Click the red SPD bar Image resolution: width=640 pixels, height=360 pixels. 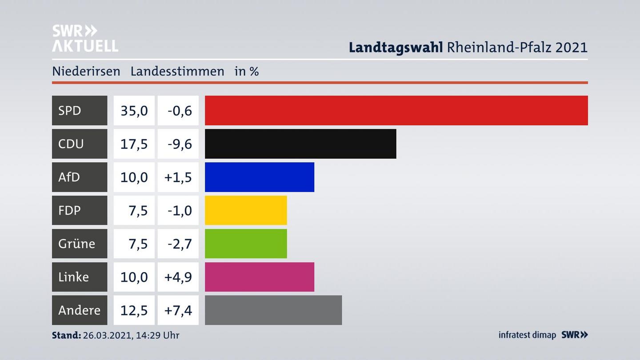[x=396, y=110]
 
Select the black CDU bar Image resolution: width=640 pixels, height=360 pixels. [x=300, y=144]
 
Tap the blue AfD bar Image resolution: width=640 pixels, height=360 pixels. [x=260, y=177]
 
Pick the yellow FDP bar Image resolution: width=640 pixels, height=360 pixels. [x=246, y=210]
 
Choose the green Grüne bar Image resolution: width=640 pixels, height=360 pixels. [x=246, y=244]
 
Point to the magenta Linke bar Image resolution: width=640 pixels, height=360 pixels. [x=260, y=277]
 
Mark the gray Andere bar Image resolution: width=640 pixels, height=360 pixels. [x=273, y=310]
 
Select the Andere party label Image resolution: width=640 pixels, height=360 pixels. [x=80, y=310]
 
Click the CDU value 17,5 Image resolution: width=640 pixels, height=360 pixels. [x=134, y=144]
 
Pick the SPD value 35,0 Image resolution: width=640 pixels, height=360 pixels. [x=134, y=110]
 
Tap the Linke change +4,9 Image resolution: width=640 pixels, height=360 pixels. [x=178, y=277]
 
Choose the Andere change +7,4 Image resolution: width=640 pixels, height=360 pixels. [x=178, y=310]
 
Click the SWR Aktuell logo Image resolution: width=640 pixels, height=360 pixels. [x=85, y=38]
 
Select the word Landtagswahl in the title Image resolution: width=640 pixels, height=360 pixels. [x=396, y=47]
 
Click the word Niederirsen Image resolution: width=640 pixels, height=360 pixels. [x=86, y=71]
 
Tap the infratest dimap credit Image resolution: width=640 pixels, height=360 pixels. [x=527, y=335]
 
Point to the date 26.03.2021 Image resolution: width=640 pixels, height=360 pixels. [x=107, y=335]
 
